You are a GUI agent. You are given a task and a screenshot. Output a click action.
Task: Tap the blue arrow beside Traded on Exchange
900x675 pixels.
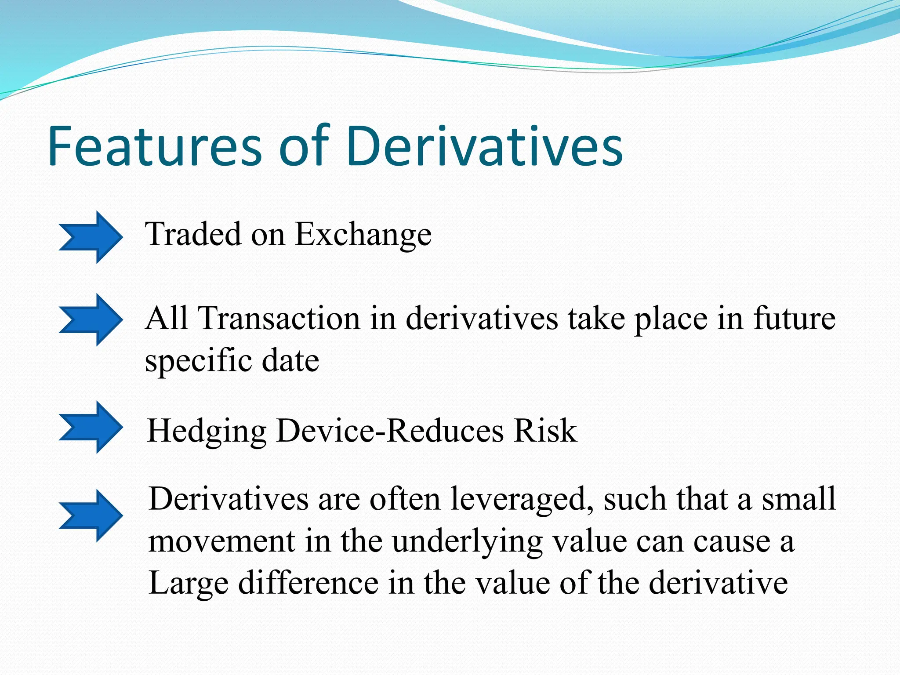[x=91, y=237]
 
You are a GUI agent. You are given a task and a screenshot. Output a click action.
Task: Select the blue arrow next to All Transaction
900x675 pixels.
[x=91, y=320]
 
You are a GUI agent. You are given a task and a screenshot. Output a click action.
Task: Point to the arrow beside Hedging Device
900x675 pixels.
[x=91, y=427]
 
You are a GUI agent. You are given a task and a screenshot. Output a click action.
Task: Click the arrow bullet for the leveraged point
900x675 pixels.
[x=91, y=515]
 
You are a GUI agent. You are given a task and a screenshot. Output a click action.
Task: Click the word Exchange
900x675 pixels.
[x=363, y=235]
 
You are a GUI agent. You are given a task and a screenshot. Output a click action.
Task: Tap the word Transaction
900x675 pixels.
[x=279, y=318]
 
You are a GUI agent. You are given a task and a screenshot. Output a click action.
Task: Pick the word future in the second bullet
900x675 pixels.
[x=794, y=318]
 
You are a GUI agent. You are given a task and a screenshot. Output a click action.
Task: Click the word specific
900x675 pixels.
[x=198, y=361]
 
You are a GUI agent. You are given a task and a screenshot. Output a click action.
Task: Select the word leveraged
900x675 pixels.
[x=521, y=500]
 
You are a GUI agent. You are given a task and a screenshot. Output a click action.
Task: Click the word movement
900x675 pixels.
[x=221, y=541]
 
